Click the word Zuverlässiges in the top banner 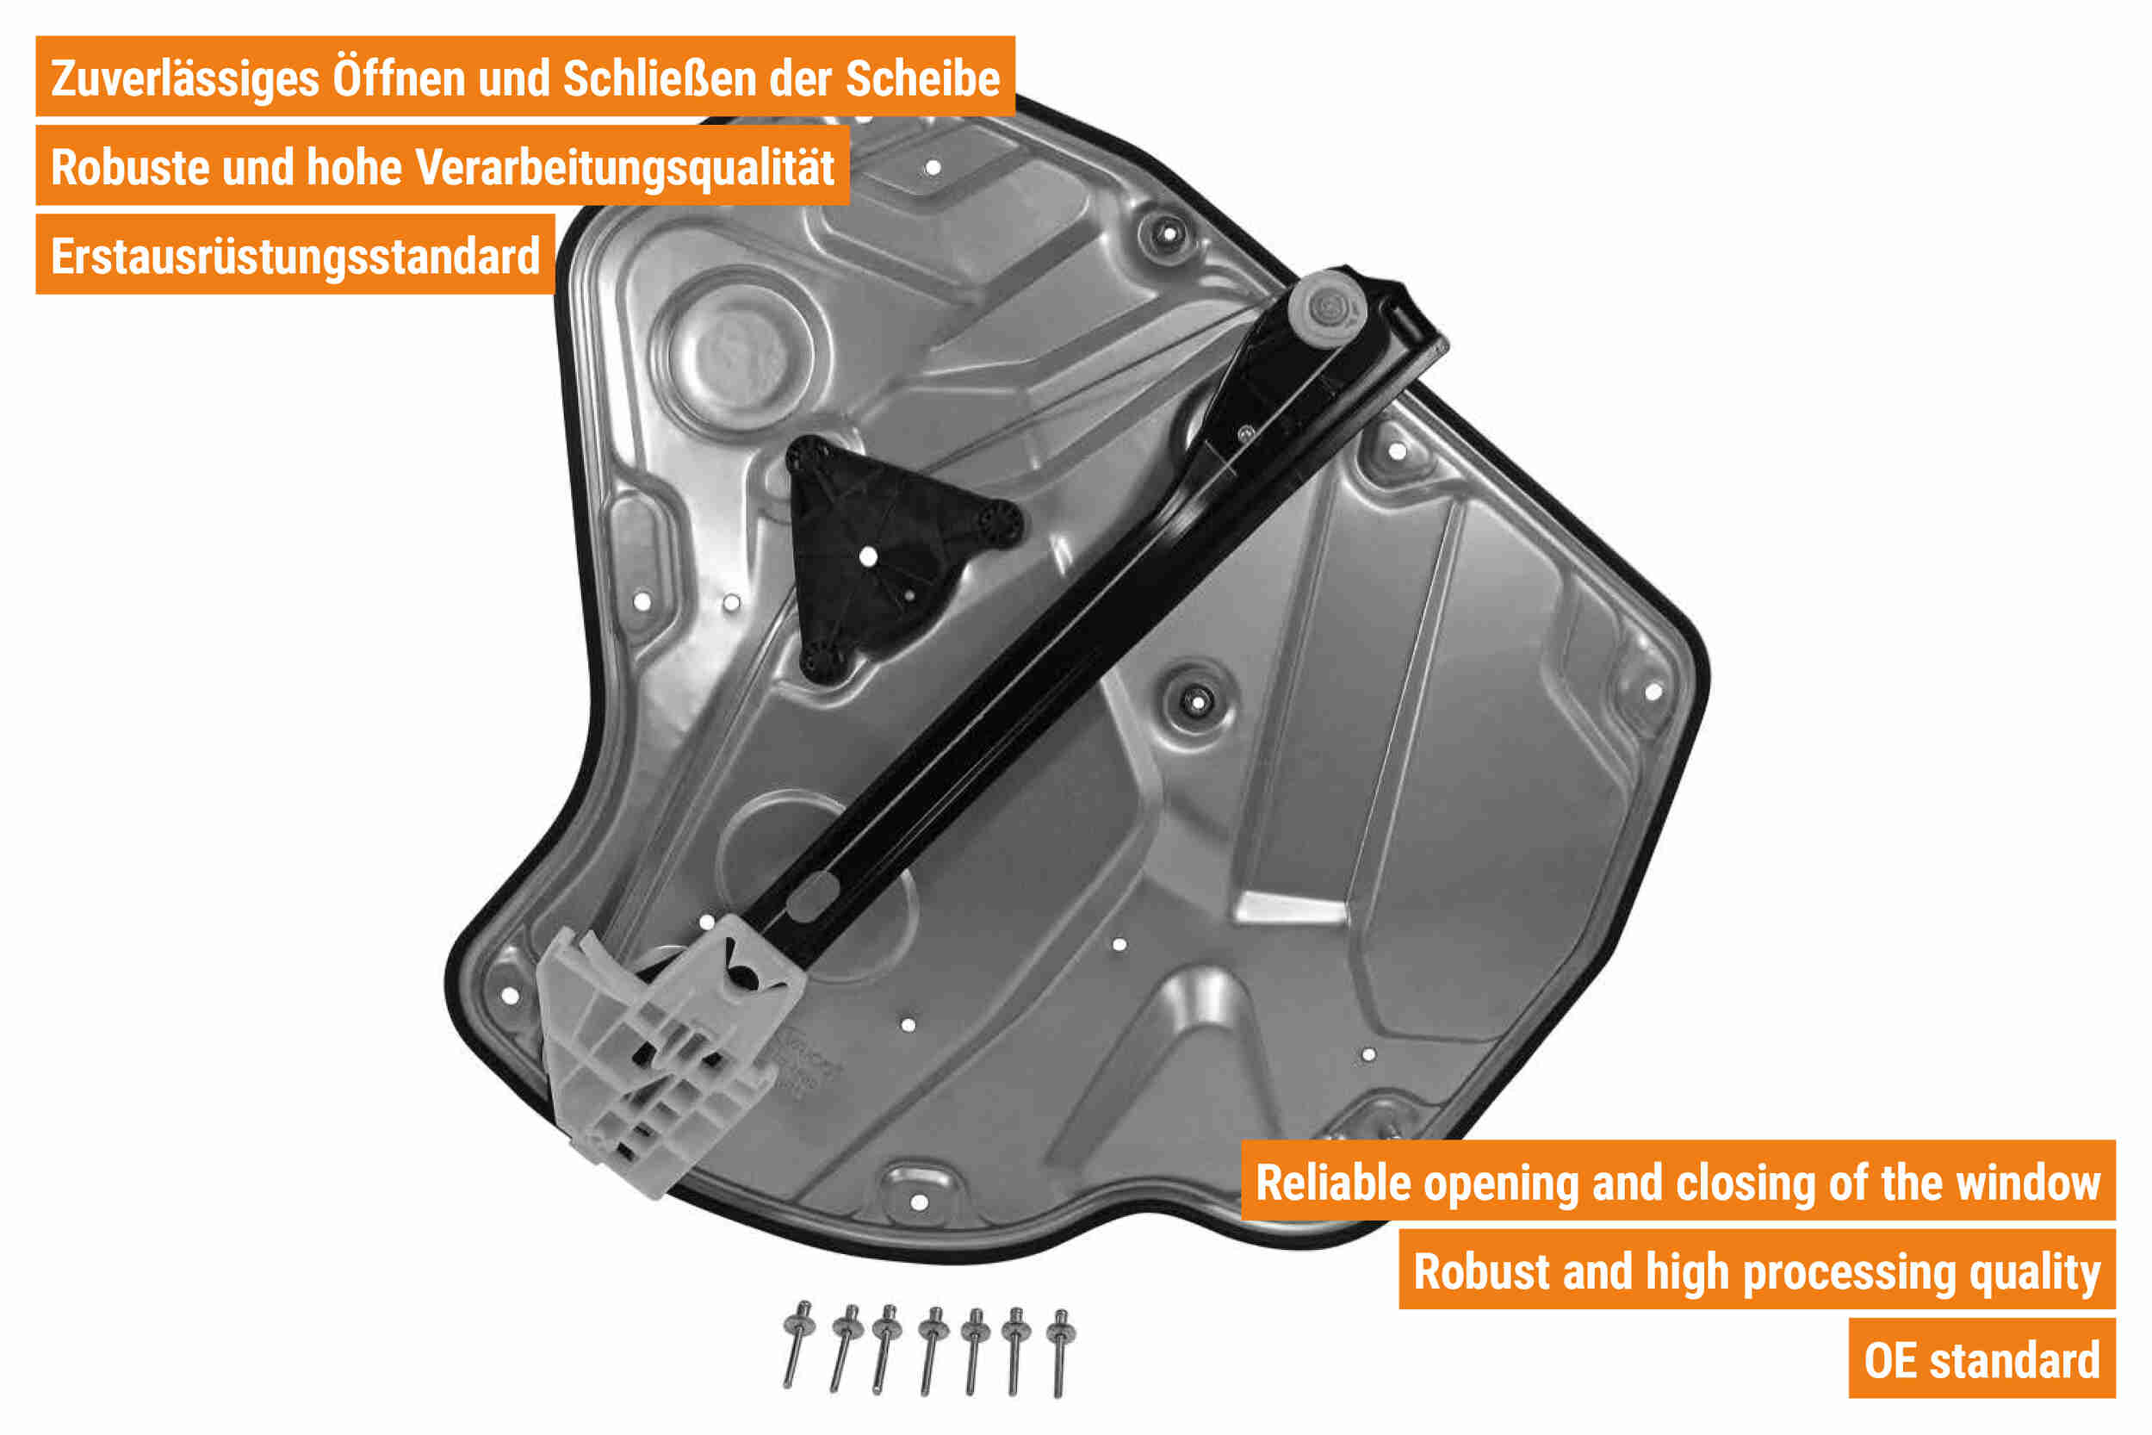coord(185,79)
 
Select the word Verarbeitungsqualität coord(625,170)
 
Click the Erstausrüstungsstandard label coord(295,257)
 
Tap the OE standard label coord(1981,1360)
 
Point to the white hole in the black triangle coord(868,556)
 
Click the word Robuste coord(130,169)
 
